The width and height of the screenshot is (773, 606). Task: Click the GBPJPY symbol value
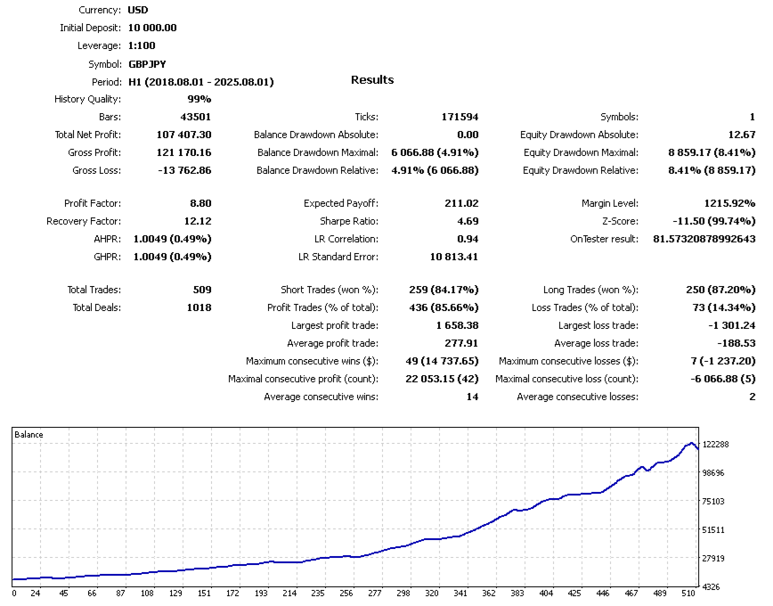click(x=147, y=64)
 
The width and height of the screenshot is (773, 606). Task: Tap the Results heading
click(x=372, y=80)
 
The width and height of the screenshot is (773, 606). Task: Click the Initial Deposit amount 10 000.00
click(x=152, y=28)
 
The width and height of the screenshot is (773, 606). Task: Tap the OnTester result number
click(x=704, y=239)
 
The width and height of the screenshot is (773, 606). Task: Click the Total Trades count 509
click(x=201, y=290)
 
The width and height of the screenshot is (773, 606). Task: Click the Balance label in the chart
click(x=28, y=435)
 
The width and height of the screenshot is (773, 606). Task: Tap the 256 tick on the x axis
click(x=346, y=593)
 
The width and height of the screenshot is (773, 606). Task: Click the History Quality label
click(x=87, y=99)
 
